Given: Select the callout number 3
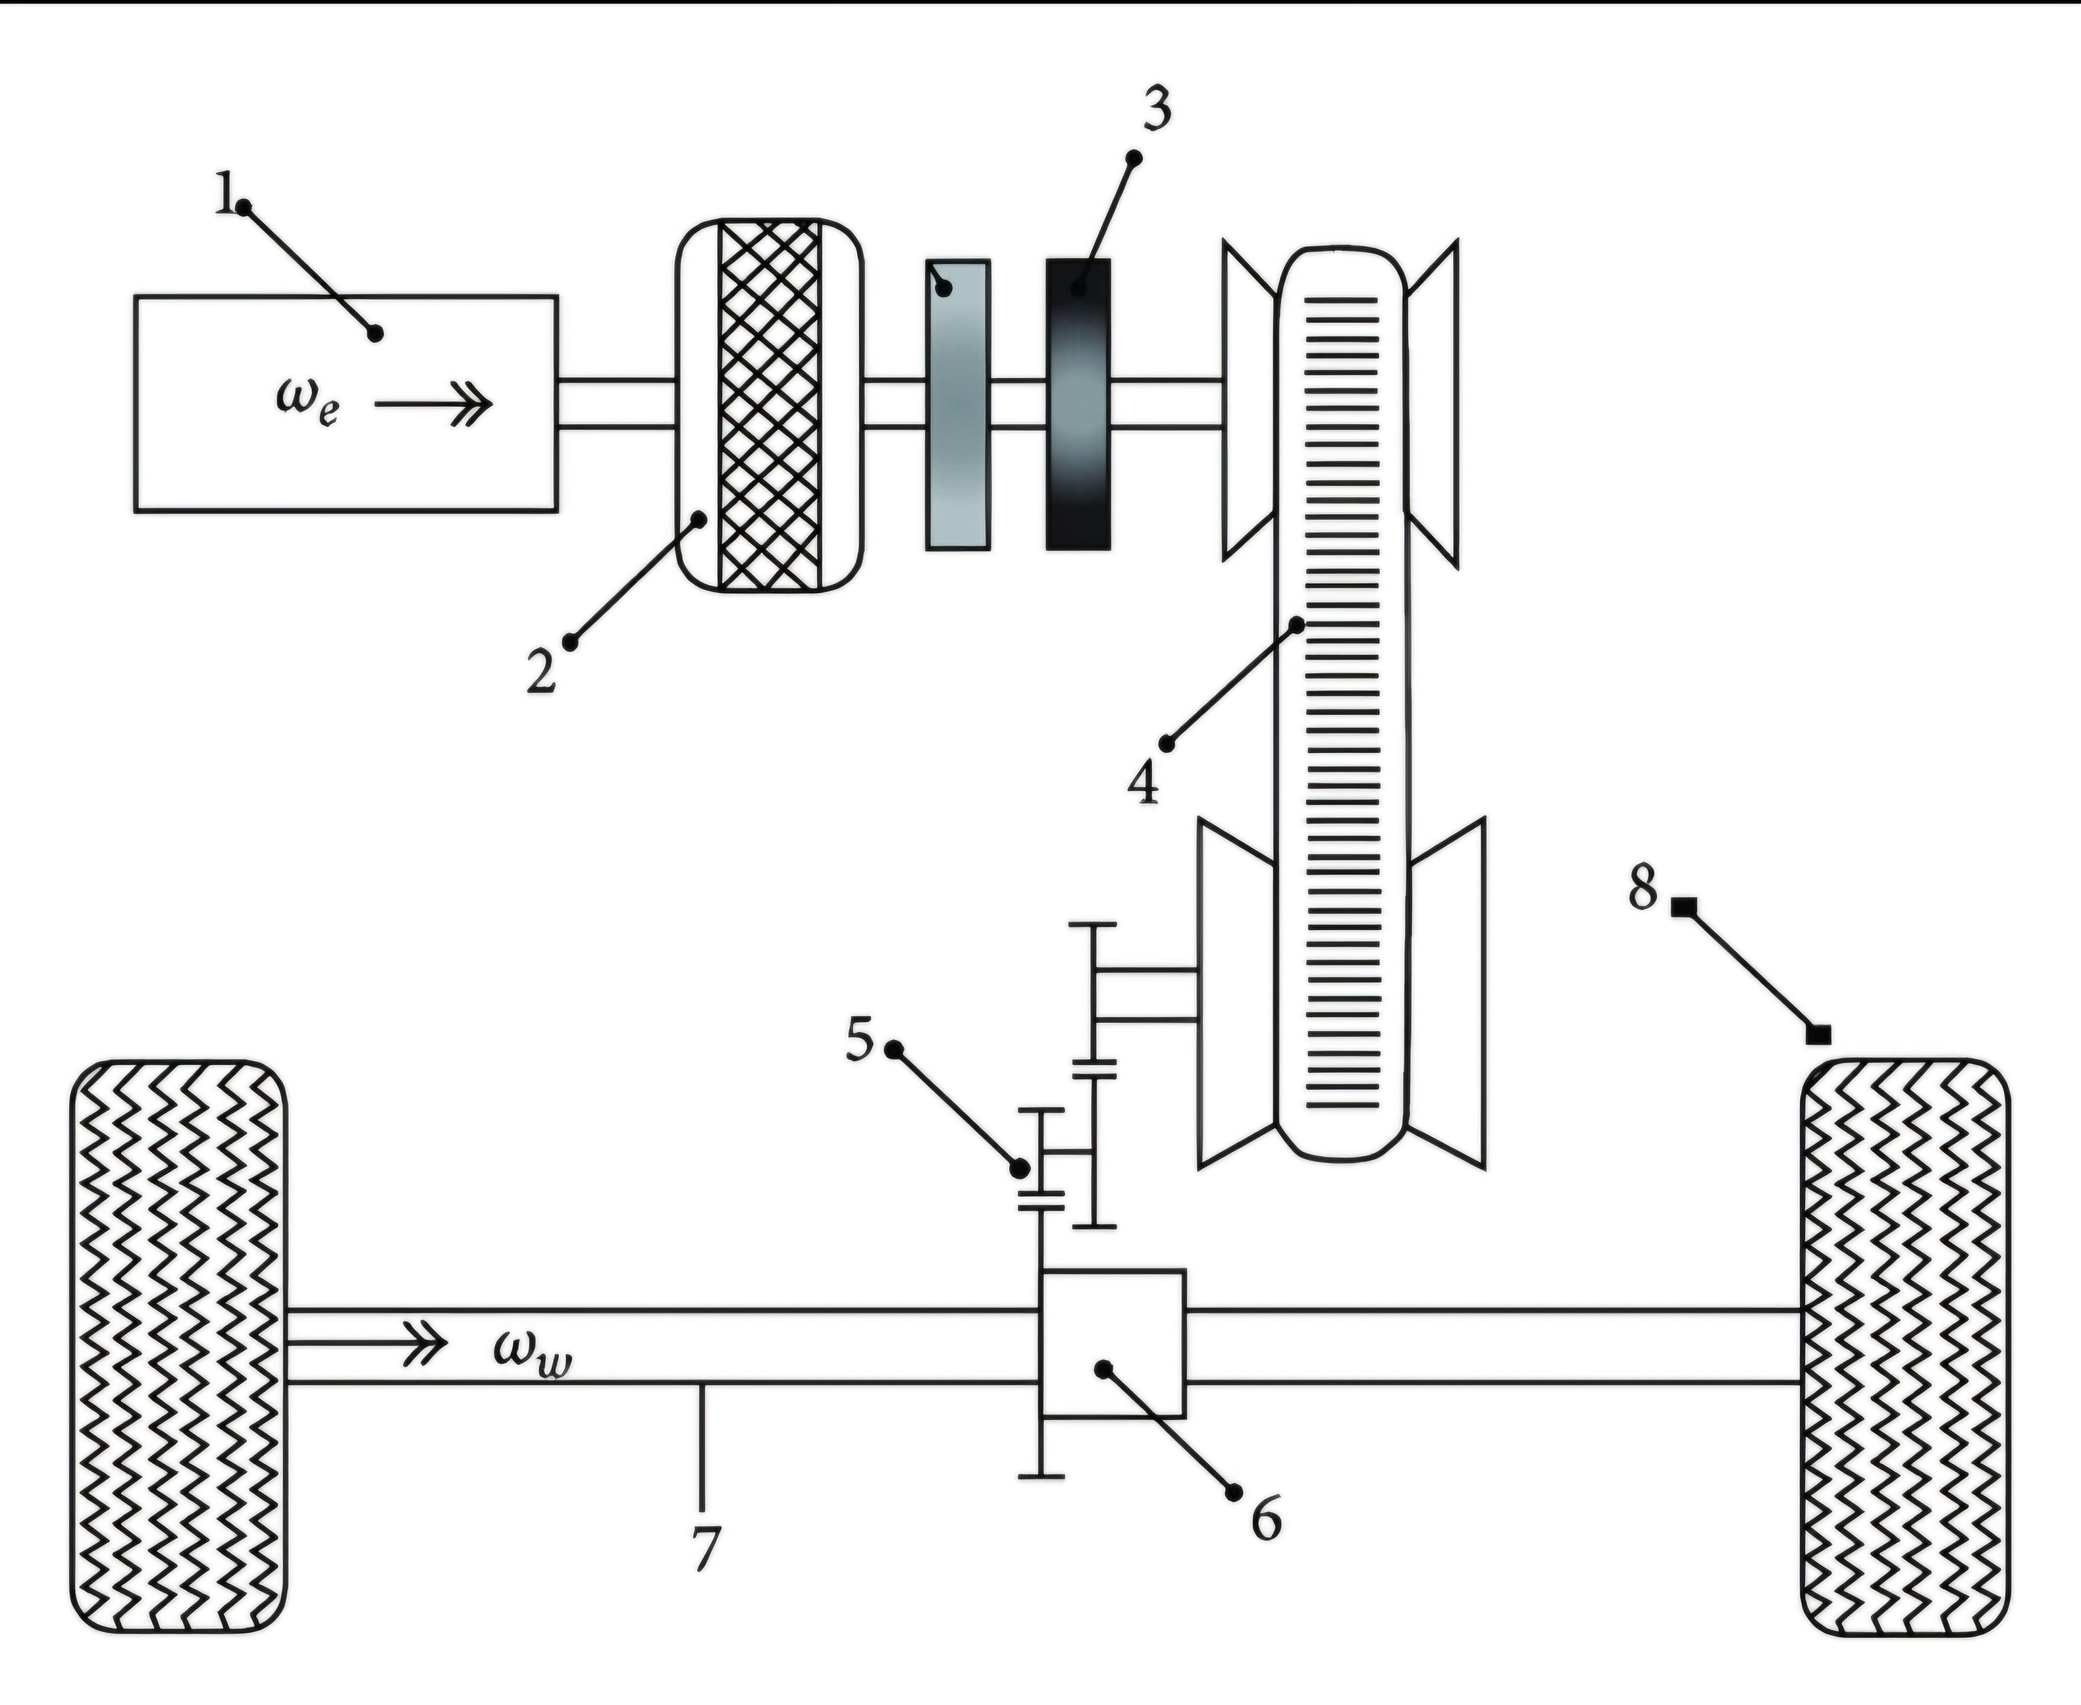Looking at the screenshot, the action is pyautogui.click(x=1157, y=110).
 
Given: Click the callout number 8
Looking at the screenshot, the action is pyautogui.click(x=1642, y=888).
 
